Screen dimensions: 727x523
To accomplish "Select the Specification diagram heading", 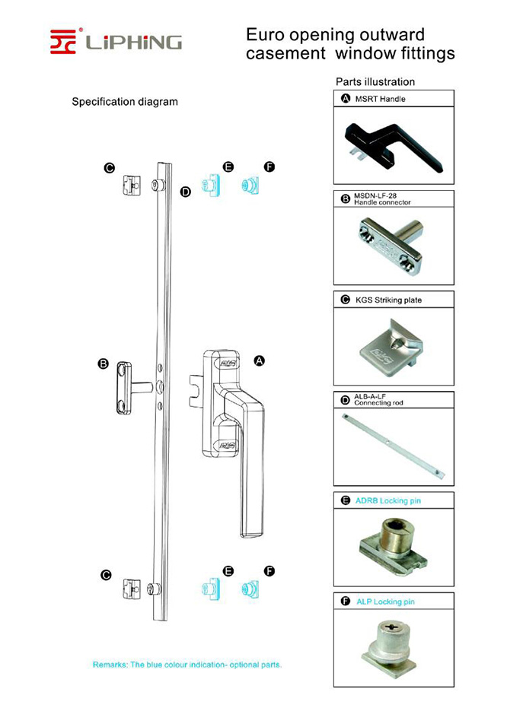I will coord(125,101).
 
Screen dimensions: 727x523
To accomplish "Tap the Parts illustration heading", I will coord(375,81).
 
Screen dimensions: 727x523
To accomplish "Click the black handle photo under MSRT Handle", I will coord(394,144).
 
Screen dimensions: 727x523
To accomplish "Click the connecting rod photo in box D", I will coord(394,447).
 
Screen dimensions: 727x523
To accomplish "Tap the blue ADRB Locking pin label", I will coord(387,501).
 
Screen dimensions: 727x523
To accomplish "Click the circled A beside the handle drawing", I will coord(258,361).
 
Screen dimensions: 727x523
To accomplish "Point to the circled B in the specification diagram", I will coord(104,364).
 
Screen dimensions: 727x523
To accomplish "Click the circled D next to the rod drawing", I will coord(185,192).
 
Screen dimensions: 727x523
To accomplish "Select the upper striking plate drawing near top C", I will coord(132,186).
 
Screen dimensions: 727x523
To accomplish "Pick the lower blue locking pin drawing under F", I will coord(250,589).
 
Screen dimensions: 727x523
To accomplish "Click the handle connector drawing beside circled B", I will coord(129,388).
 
